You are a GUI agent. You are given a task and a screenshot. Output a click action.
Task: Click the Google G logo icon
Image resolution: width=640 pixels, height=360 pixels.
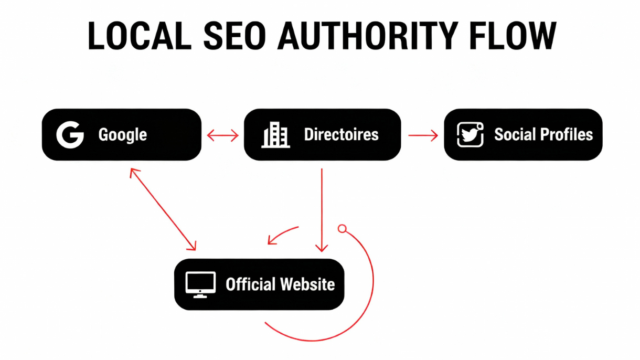(70, 135)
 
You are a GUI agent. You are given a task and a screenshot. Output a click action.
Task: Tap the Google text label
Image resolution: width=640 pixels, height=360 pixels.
(122, 135)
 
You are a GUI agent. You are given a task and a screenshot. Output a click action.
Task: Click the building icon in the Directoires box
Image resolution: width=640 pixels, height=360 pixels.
(275, 135)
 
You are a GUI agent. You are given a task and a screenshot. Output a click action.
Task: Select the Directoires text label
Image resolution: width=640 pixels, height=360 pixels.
(341, 134)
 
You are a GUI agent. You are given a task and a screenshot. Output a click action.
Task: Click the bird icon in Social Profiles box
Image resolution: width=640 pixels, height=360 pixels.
(470, 134)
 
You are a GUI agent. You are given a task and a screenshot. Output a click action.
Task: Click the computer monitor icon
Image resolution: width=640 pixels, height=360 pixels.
(200, 285)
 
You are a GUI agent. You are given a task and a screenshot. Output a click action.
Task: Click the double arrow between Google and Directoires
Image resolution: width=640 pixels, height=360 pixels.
(222, 136)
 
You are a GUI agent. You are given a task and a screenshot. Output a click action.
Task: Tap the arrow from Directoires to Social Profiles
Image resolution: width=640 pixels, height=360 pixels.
(423, 136)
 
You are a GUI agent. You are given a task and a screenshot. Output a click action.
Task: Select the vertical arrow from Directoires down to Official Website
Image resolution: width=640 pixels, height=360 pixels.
(322, 210)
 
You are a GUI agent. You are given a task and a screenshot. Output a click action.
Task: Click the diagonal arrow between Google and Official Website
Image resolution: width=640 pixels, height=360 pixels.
(163, 209)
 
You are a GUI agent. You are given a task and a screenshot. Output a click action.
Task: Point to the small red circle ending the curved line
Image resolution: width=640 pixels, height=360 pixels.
(342, 229)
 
